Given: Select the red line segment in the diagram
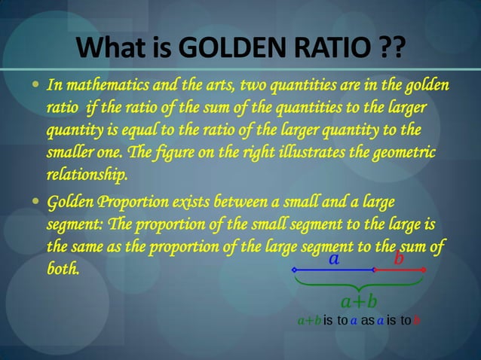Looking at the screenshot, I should [399, 270].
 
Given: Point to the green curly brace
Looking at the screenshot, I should [359, 284].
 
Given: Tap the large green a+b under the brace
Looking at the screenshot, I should [359, 302].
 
